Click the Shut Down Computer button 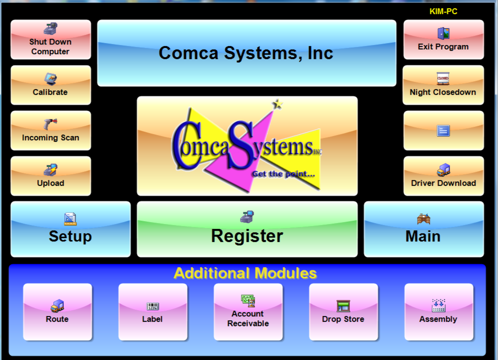50,40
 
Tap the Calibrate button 50,85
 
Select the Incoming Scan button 50,131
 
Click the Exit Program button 443,40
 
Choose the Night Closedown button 443,85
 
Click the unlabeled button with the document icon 443,131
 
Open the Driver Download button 443,176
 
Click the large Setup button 71,229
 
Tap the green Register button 247,229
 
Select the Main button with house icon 423,229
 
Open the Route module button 57,312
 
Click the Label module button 152,312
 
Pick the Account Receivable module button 248,312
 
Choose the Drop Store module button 343,312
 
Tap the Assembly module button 438,312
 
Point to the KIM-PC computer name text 443,12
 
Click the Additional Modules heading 245,273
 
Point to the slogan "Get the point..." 283,174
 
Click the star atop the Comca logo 278,103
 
